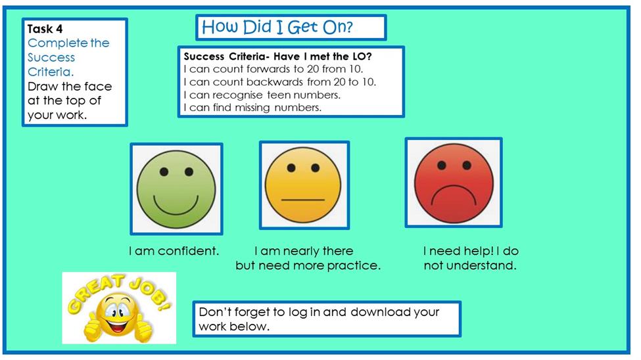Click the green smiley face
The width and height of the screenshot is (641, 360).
coord(176,189)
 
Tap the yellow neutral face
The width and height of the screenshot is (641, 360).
coord(303,185)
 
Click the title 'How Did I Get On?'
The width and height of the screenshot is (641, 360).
coord(277,28)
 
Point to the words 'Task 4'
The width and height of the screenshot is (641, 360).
coord(45,29)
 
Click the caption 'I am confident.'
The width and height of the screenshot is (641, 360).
coord(174,251)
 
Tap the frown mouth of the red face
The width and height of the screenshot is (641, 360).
coord(454,196)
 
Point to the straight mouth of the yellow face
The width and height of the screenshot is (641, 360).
coord(303,200)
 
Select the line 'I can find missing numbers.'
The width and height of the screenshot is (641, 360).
coord(252,108)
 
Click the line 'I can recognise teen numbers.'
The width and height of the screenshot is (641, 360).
coord(262,95)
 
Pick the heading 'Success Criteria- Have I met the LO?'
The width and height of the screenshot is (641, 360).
coord(277,56)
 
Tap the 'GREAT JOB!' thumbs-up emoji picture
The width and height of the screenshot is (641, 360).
coord(119,308)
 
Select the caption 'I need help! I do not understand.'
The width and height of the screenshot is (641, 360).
coord(471,258)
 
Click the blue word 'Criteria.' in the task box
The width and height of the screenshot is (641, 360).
coord(51,72)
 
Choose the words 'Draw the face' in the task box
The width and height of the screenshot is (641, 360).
coord(70,87)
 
